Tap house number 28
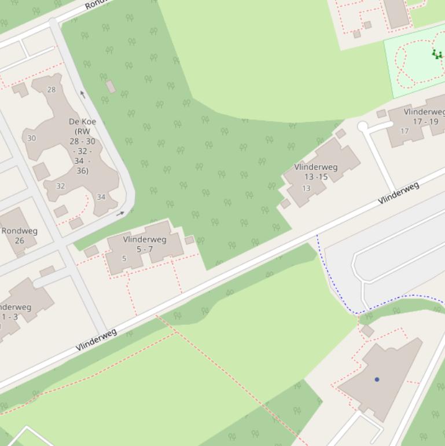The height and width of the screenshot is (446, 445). (52, 90)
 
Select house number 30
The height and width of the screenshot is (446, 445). (31, 138)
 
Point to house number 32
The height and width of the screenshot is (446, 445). (61, 187)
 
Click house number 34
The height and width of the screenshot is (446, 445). (101, 198)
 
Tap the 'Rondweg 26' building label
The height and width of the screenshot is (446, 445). (19, 235)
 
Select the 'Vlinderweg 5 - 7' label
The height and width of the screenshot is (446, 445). (145, 244)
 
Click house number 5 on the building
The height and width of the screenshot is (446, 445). (124, 258)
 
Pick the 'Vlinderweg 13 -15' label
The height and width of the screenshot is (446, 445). (316, 172)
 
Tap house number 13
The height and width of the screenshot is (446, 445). (307, 188)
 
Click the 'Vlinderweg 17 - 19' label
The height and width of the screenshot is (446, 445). (425, 116)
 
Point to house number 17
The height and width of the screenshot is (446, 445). (404, 131)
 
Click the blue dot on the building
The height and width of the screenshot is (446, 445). (377, 379)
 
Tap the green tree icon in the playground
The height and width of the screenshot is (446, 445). (437, 54)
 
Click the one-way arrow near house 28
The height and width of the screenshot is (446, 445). (83, 94)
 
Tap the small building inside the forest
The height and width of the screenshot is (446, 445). (111, 87)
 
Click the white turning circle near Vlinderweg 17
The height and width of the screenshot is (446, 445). (363, 126)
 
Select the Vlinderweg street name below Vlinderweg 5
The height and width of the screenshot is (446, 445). (97, 339)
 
